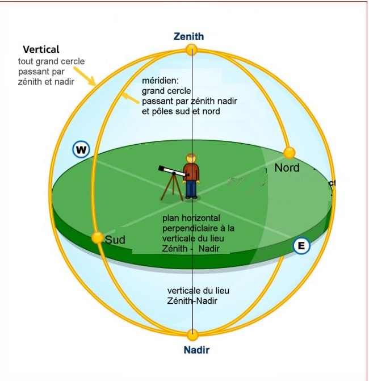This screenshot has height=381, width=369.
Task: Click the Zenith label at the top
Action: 188,36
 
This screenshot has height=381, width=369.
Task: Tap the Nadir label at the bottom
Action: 196,350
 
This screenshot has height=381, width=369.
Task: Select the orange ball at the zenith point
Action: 192,50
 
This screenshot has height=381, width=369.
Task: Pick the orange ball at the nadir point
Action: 192,334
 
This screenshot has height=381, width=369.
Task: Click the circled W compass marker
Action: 82,150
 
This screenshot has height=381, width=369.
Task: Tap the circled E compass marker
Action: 301,245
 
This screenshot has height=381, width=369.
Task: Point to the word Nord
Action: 287,168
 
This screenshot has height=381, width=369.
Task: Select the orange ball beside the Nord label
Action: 290,153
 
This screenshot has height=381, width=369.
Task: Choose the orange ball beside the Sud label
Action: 98,237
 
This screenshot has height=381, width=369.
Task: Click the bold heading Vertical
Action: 41,50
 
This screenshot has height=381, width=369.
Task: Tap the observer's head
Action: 192,158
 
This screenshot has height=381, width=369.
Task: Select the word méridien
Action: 160,81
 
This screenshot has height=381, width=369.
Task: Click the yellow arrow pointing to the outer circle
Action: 86,74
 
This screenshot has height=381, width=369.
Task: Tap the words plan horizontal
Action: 191,218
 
